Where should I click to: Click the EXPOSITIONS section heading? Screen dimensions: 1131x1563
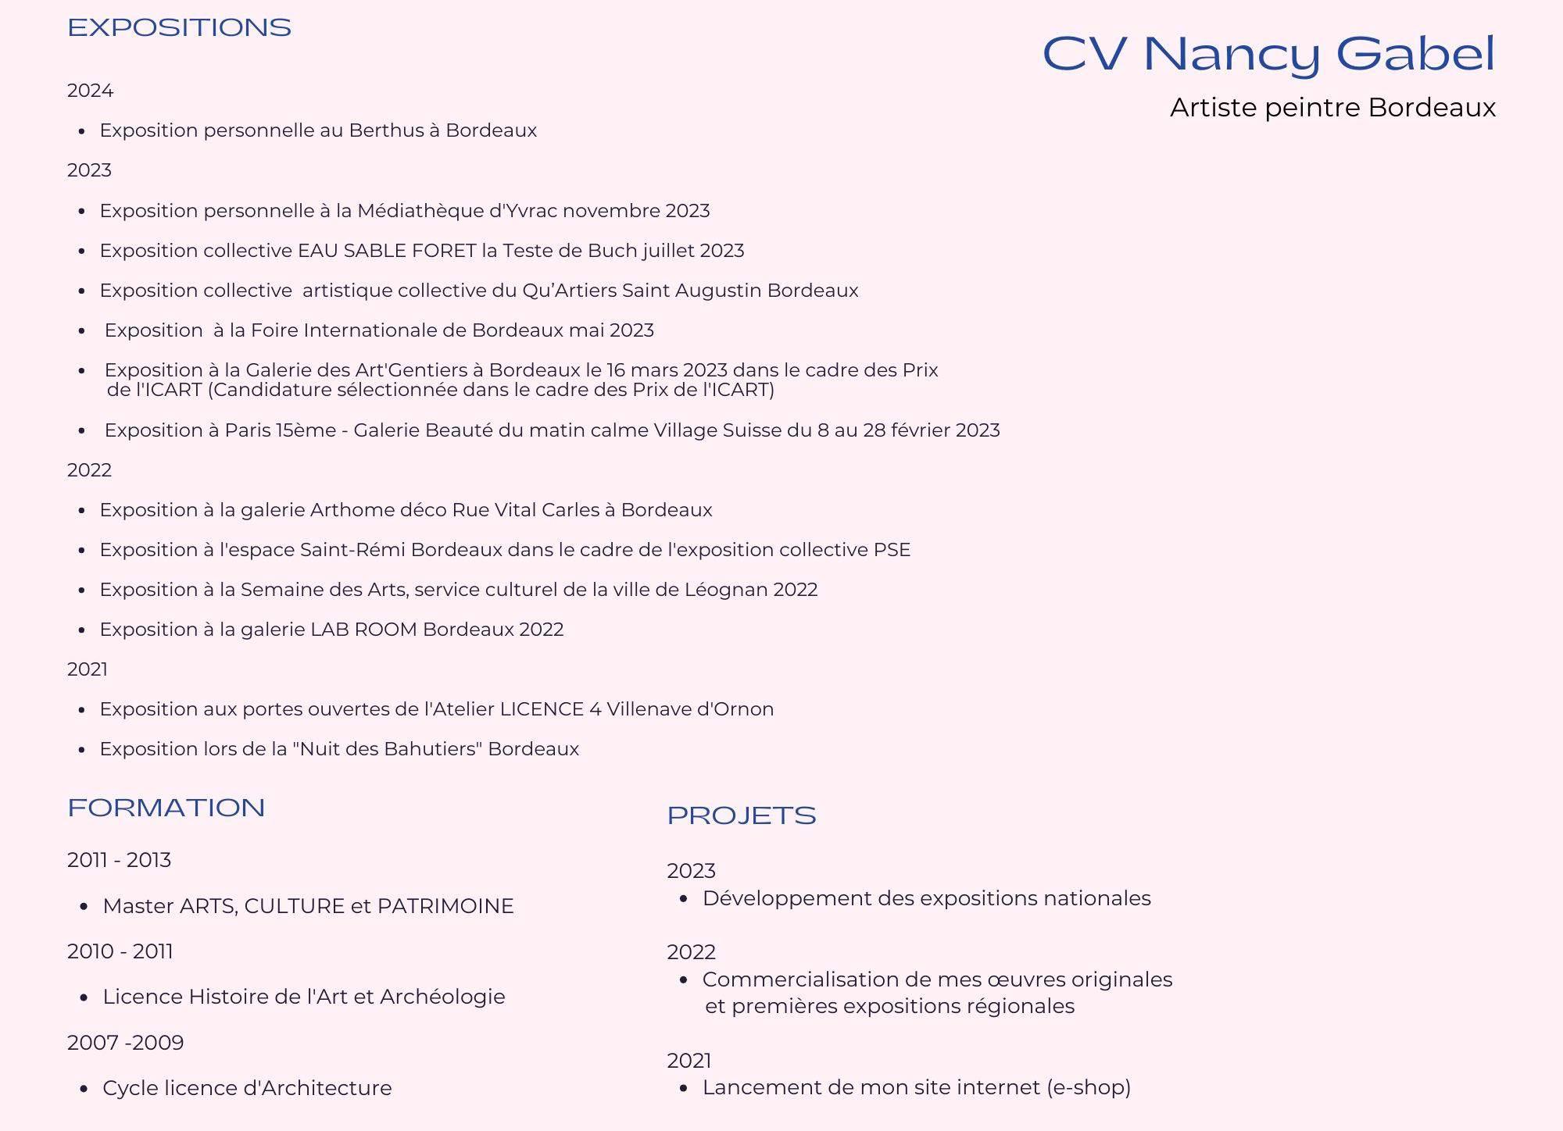point(179,28)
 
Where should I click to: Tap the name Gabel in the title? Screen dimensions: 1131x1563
point(1415,55)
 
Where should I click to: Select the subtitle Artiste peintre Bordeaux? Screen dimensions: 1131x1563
point(1332,108)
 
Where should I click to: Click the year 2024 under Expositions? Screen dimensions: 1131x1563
point(90,91)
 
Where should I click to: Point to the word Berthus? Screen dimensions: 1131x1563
point(386,130)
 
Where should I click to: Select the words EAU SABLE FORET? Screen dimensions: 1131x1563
point(387,251)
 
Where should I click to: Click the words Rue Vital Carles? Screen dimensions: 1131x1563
point(525,510)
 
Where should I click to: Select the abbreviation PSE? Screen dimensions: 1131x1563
point(892,550)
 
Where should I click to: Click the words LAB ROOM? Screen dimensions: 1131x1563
point(363,630)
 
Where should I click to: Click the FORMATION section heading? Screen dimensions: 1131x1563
point(166,808)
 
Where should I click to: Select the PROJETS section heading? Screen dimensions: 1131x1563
point(741,815)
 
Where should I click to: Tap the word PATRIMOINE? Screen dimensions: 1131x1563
point(445,906)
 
